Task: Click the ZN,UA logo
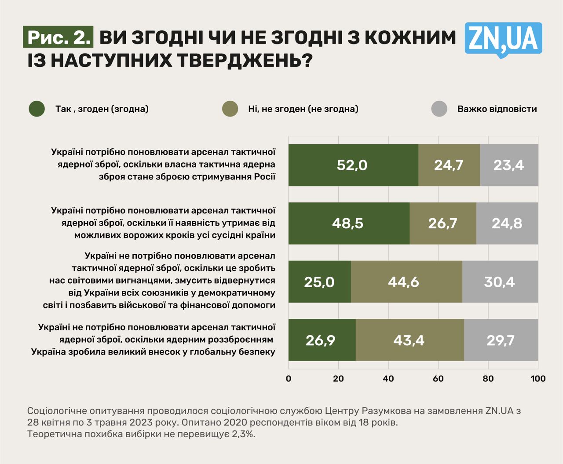click(503, 39)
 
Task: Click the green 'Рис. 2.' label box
click(58, 37)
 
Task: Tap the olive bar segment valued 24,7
click(449, 165)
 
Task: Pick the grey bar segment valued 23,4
click(509, 165)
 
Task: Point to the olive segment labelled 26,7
click(443, 223)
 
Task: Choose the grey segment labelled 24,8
click(507, 223)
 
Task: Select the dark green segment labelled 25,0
click(320, 282)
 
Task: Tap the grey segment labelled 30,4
click(500, 282)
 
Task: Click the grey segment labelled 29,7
click(501, 340)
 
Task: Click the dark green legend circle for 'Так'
click(37, 109)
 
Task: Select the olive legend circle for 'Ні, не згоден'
click(230, 109)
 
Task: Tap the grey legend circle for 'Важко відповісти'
click(439, 109)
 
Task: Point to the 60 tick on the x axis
click(438, 379)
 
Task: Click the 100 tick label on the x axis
click(538, 379)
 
